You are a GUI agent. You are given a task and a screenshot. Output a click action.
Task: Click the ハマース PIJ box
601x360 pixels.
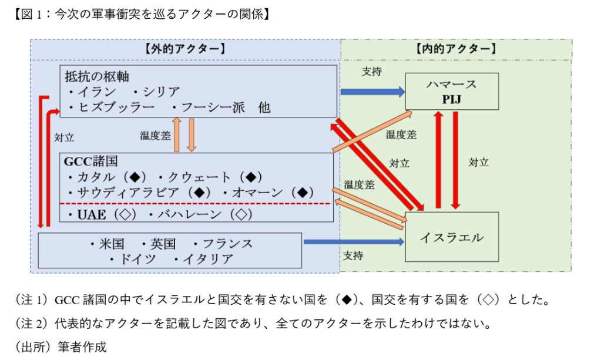pyautogui.click(x=451, y=91)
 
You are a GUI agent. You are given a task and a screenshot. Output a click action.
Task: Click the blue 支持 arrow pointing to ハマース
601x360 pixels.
pyautogui.click(x=372, y=92)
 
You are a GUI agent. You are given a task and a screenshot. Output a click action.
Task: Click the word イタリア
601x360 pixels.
pyautogui.click(x=208, y=259)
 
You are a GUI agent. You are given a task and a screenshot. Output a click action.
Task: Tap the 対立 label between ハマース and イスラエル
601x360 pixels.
pyautogui.click(x=478, y=162)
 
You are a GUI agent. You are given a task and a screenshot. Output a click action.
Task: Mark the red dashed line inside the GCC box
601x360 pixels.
pyautogui.click(x=196, y=203)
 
